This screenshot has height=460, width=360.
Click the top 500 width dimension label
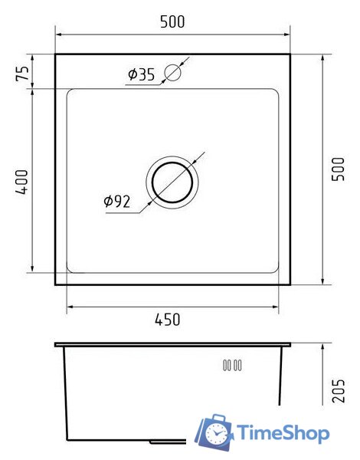173,22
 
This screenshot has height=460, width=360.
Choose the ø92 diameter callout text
116,202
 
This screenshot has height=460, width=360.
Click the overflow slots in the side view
232,365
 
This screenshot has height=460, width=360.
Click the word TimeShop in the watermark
283,433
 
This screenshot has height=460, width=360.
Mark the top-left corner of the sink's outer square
56,54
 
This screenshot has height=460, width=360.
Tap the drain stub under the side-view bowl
165,442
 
